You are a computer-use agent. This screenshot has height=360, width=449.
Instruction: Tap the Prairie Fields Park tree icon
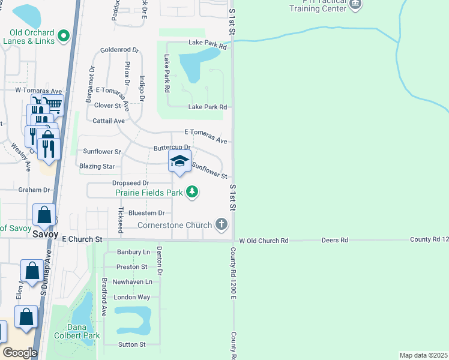coord(192,193)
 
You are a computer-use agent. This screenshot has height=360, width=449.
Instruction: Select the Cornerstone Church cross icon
coord(221,225)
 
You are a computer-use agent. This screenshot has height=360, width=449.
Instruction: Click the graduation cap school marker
coord(179,161)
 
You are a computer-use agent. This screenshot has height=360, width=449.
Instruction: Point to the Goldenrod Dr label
coord(119,50)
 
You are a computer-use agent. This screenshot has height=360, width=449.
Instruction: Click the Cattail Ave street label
coord(109,121)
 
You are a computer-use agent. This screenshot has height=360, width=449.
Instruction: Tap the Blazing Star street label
coord(97,166)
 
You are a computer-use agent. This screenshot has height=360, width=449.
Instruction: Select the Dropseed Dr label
coord(130,183)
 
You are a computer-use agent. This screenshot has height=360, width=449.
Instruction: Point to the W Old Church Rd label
coord(264,241)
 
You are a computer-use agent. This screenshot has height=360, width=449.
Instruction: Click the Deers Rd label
coord(335,240)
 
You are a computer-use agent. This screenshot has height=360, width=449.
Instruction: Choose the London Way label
coord(131,297)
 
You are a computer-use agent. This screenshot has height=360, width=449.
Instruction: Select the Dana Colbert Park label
coord(76,332)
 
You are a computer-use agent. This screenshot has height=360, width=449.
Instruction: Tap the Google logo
coord(20,352)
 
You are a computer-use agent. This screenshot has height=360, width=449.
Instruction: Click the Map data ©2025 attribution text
coord(423,355)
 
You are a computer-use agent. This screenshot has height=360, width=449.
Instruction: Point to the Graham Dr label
coord(34,190)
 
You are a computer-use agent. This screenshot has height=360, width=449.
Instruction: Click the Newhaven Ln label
coord(131,281)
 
